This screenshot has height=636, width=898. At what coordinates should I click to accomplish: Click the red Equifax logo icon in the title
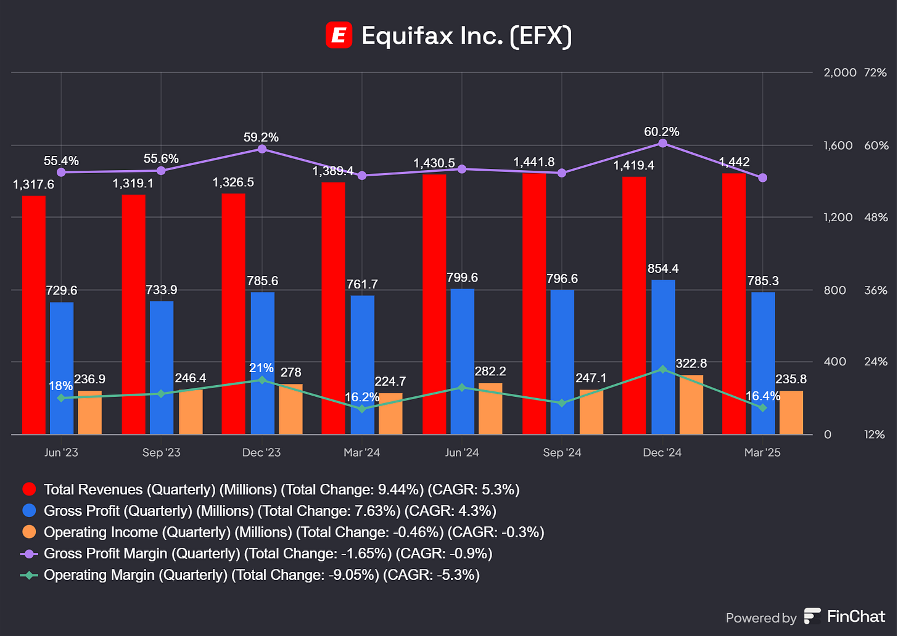tap(339, 35)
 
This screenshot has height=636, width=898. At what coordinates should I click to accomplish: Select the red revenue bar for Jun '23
tap(33, 314)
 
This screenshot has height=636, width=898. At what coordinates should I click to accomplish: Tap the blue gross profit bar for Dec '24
tap(663, 357)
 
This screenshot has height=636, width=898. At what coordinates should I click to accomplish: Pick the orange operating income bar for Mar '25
tap(791, 412)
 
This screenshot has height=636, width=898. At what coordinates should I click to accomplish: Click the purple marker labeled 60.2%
tap(663, 143)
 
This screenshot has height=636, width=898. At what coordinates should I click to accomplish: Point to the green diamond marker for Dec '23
tap(262, 380)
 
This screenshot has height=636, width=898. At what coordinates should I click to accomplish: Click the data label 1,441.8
tap(533, 162)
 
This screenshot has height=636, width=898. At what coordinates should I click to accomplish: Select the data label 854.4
tap(663, 269)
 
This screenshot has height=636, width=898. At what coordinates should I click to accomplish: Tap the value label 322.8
tap(691, 364)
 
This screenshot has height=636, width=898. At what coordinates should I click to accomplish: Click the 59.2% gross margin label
tap(261, 137)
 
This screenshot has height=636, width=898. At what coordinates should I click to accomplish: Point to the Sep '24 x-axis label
tap(562, 452)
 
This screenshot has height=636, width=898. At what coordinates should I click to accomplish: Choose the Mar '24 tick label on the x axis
tap(361, 452)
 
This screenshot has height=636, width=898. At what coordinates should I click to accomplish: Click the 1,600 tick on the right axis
tap(838, 145)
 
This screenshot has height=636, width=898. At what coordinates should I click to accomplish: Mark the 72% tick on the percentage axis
tap(875, 73)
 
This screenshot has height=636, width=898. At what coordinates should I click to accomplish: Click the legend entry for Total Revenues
tap(281, 489)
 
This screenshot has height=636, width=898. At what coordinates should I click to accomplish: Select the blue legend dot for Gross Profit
tap(29, 511)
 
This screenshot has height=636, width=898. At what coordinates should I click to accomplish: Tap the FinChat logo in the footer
tap(845, 616)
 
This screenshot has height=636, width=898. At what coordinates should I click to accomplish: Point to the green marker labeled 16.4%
tap(763, 408)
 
